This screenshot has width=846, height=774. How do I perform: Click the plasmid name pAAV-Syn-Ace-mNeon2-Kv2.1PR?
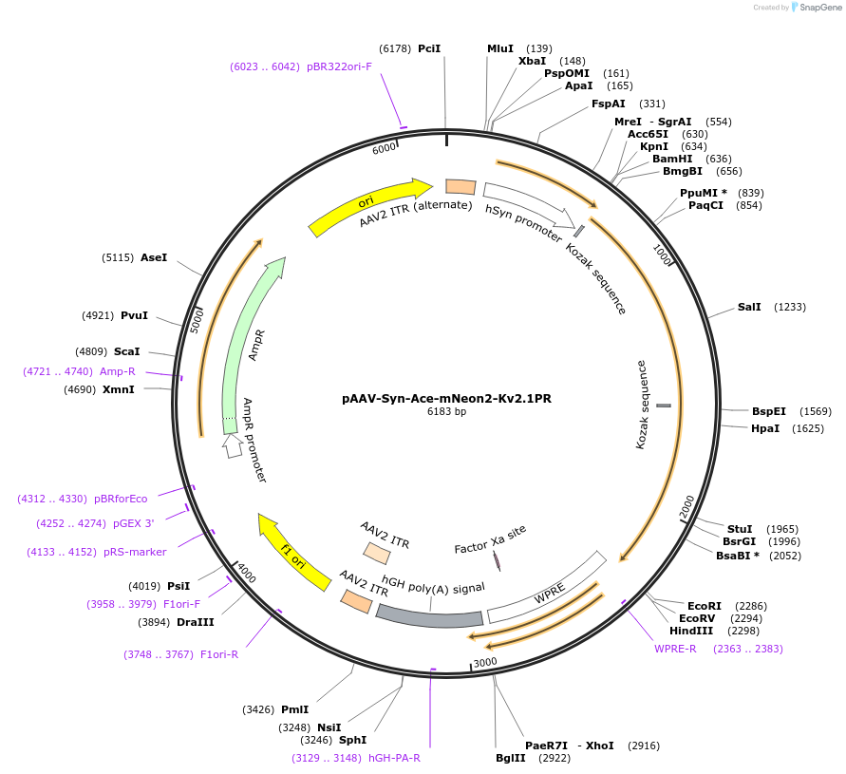click(x=446, y=399)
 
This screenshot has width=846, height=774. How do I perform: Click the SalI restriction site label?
click(x=749, y=307)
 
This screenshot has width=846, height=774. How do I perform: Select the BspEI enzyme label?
click(x=769, y=411)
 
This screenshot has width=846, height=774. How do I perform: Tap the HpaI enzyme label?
click(x=764, y=428)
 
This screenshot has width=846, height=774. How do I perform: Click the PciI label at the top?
click(x=429, y=47)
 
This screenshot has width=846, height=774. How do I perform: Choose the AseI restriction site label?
click(x=154, y=257)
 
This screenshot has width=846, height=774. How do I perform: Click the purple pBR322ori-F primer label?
click(x=339, y=66)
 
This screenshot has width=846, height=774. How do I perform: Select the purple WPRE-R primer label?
click(x=675, y=649)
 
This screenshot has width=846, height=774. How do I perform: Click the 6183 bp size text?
click(x=446, y=412)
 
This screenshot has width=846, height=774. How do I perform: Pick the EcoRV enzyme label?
click(x=698, y=617)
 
